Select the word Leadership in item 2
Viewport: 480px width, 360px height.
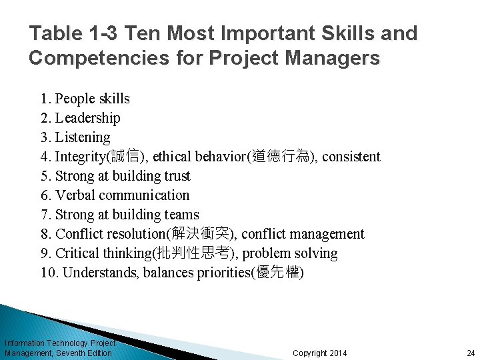point(88,118)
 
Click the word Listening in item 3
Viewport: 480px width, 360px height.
point(83,137)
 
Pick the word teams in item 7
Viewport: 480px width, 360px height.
point(182,215)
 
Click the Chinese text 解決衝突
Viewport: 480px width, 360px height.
point(205,234)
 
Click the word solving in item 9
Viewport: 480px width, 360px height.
point(316,253)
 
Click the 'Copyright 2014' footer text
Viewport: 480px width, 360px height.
point(320,353)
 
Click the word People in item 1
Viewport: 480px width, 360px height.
point(75,99)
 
